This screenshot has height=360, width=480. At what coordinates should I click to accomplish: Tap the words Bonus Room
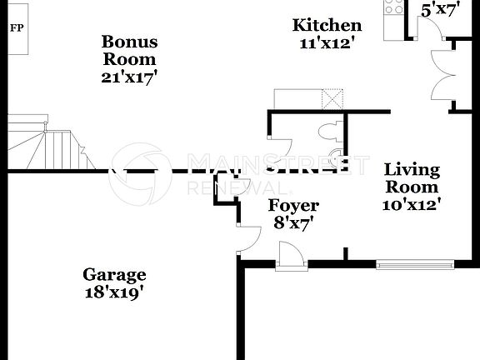(x=129, y=50)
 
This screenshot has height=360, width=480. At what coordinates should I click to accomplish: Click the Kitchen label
(x=327, y=26)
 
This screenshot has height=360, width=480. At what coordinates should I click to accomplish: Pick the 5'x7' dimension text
(x=440, y=11)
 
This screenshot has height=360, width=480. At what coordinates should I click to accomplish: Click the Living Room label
(x=411, y=178)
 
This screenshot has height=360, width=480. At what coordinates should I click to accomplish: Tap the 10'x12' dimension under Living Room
(x=411, y=203)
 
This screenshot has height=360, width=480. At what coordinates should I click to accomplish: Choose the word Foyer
(x=292, y=205)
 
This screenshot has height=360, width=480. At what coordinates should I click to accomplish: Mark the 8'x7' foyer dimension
(x=292, y=223)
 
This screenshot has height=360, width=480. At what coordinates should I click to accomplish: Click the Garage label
(x=114, y=274)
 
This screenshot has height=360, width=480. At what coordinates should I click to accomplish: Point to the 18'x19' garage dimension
(x=114, y=292)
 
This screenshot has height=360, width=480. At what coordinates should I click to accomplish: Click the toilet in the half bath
(x=328, y=130)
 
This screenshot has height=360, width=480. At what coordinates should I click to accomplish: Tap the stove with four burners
(x=392, y=7)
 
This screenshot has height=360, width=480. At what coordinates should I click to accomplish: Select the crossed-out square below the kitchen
(x=332, y=99)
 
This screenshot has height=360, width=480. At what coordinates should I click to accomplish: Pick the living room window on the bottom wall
(x=415, y=265)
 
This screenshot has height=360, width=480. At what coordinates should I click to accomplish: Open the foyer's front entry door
(x=292, y=255)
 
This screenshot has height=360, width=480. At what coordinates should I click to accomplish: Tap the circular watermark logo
(x=141, y=172)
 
